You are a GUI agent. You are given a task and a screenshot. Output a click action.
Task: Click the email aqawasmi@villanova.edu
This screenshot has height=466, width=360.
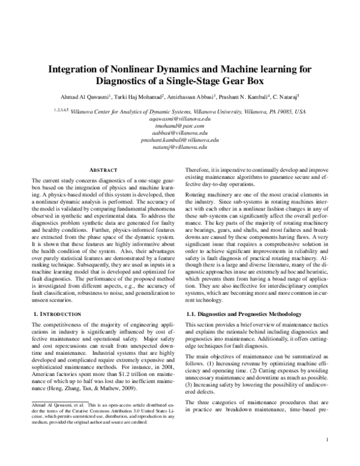click(180, 120)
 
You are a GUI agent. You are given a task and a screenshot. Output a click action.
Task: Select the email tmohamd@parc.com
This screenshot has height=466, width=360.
click(180, 127)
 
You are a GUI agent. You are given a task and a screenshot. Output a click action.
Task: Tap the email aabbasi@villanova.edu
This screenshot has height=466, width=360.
click(180, 134)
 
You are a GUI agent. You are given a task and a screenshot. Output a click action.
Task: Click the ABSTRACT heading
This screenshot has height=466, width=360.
click(103, 171)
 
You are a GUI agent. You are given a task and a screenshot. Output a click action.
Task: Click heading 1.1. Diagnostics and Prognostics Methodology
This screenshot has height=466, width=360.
click(244, 314)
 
